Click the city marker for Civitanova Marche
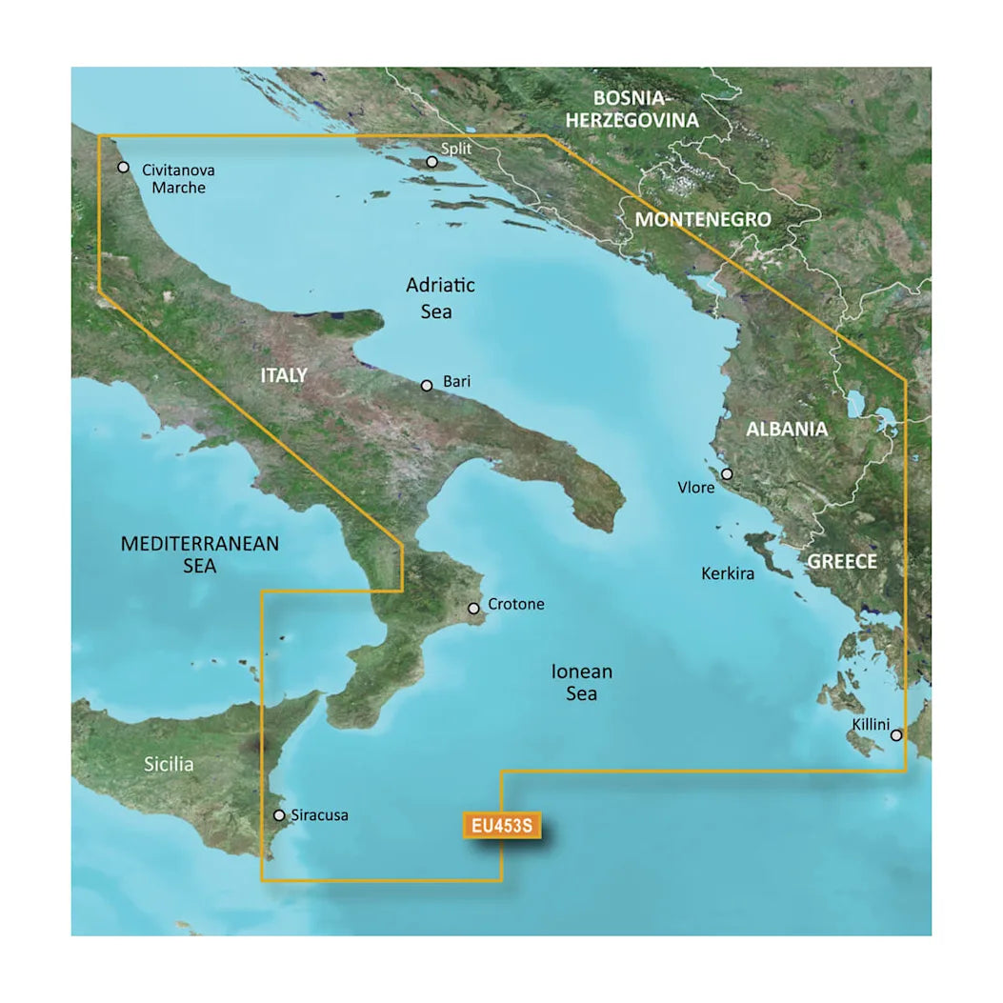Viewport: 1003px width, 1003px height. point(123,168)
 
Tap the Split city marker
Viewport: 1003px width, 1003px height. point(431,162)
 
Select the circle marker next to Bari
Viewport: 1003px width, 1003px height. point(427,386)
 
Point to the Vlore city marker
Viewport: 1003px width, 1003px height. point(727,474)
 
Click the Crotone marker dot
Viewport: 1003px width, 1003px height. point(473,608)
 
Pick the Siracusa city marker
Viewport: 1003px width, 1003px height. point(278,815)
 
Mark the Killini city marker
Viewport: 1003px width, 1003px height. point(896,735)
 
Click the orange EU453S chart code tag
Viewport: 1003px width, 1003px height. point(501,826)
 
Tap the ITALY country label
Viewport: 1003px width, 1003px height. point(284,376)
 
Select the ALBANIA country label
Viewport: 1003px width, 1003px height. point(787,430)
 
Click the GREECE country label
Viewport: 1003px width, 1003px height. point(842,562)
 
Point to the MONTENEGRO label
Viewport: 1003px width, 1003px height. point(703,219)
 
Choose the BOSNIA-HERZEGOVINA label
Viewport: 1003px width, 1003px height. point(646,109)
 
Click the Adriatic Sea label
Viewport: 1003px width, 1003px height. point(440,298)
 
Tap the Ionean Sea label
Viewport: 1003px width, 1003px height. point(581,683)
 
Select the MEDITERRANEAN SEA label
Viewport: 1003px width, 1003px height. point(200,554)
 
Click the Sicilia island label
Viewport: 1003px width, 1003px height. point(170,764)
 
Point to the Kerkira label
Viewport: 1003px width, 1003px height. point(728,574)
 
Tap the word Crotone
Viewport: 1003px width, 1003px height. point(516,604)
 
